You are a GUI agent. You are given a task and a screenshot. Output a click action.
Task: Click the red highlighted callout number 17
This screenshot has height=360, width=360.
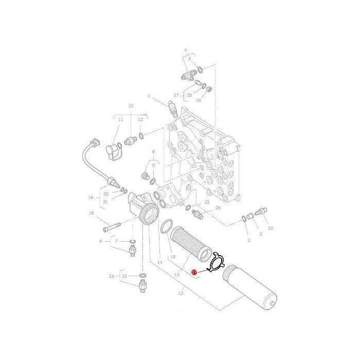pos(194,272)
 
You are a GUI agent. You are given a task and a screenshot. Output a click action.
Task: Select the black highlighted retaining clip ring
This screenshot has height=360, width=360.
pos(216,262)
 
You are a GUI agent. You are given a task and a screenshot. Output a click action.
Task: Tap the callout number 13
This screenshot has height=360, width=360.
pos(181,293)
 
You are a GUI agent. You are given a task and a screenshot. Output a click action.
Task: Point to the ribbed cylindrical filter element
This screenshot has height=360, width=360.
pos(191,244)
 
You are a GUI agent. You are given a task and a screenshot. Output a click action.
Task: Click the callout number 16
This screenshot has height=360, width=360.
pos(173,257)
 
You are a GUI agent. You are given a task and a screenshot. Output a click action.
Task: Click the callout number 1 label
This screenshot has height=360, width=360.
pos(149,96)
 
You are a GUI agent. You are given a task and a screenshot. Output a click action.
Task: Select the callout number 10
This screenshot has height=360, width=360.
pos(131,106)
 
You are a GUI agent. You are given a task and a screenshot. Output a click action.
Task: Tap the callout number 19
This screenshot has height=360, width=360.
pos(91,197)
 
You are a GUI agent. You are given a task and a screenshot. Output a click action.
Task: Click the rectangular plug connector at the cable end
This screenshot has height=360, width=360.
pos(96,142)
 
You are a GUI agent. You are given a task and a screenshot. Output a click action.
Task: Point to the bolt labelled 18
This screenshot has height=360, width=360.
pos(112,227)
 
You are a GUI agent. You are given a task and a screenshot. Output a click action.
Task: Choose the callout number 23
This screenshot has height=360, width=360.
pos(270,228)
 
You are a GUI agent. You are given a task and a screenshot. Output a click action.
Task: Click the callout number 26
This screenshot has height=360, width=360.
pos(218,208)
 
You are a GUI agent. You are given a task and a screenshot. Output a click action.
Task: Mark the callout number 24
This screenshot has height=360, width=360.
pos(112,276)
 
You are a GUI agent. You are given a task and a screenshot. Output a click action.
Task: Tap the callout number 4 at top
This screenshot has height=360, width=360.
pos(186,50)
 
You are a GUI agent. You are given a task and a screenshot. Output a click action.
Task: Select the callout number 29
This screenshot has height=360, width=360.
pos(199,100)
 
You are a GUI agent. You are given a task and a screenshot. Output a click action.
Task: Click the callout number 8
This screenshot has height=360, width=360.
pos(153,152)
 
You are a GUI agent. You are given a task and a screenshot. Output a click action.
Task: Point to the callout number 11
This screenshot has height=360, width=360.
pos(120,119)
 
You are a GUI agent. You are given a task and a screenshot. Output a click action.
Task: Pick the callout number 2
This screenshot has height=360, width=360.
pos(249,240)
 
